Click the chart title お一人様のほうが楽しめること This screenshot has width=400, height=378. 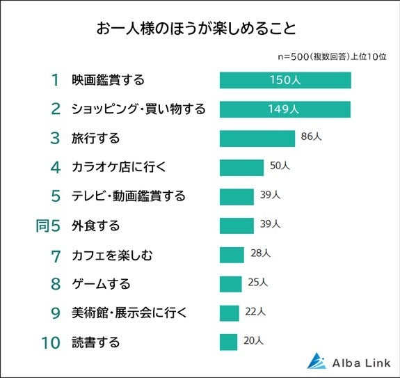[195, 30]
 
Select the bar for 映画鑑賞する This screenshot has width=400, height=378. [285, 80]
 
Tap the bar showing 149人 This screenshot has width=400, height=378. [285, 109]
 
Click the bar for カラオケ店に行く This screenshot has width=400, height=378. [241, 167]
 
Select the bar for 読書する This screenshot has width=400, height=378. [229, 342]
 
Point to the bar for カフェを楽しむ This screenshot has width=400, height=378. [232, 255]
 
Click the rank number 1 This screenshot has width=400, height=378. [56, 80]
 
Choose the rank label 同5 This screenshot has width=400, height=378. [49, 226]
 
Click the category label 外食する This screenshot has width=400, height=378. [96, 226]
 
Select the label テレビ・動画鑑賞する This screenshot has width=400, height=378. [129, 196]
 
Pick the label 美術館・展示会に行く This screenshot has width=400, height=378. [129, 313]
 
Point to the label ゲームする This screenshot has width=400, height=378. [101, 284]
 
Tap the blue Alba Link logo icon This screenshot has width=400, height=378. [317, 361]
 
